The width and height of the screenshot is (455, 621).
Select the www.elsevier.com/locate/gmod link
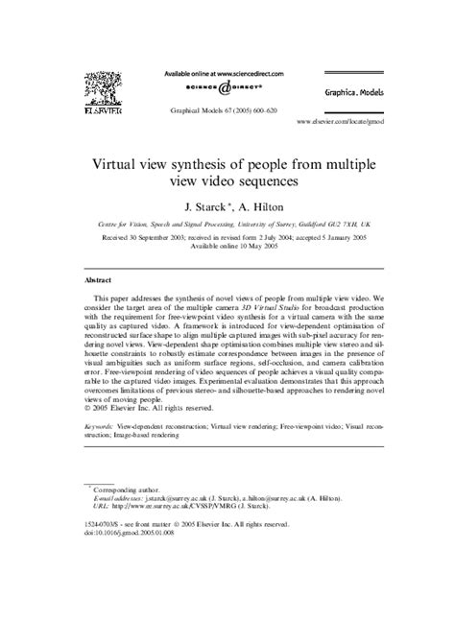coord(346,124)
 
